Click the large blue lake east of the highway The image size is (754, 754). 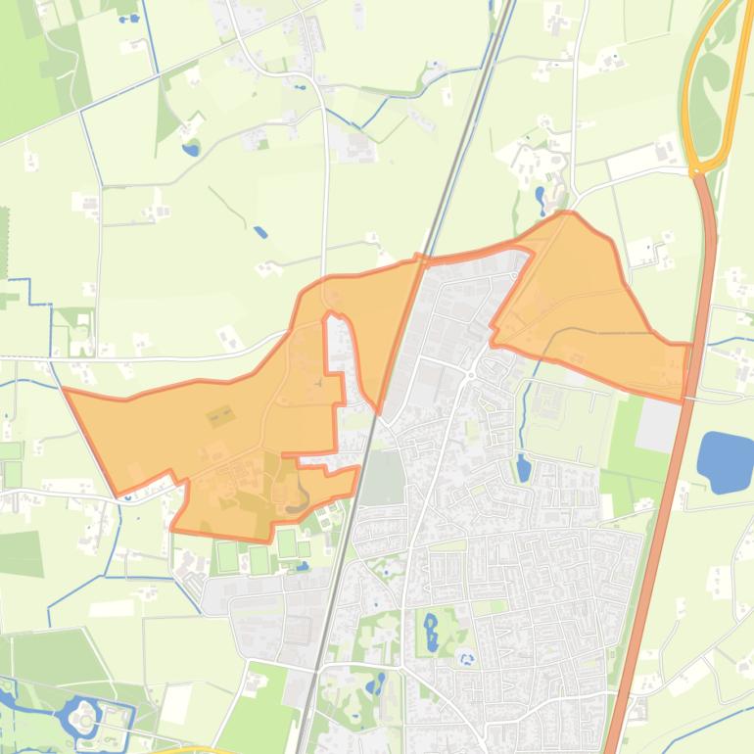pyautogui.click(x=725, y=461)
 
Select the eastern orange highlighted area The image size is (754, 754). pyautogui.click(x=588, y=304)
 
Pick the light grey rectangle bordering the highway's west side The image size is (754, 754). pyautogui.click(x=658, y=427)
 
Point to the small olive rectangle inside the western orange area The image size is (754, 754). pyautogui.click(x=219, y=417)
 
